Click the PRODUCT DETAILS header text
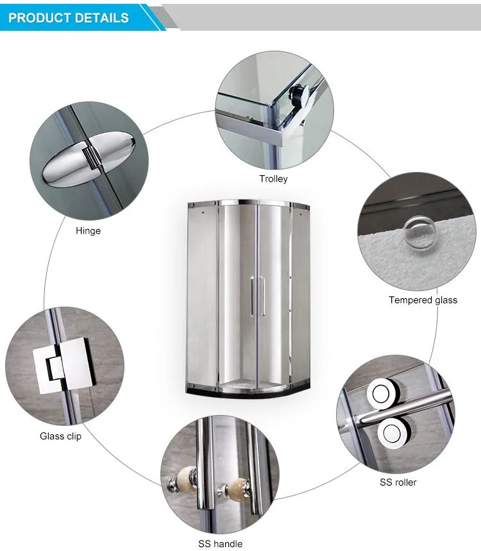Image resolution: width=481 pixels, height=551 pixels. click(x=69, y=17)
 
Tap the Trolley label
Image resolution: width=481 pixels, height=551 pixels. click(x=273, y=179)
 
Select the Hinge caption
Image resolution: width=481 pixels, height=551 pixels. click(x=88, y=231)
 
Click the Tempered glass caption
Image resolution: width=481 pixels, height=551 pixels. click(x=423, y=300)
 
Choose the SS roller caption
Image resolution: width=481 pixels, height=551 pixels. click(x=398, y=482)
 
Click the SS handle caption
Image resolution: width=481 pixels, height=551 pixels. click(x=219, y=543)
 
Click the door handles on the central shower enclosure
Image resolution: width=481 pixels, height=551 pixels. click(x=257, y=296)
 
